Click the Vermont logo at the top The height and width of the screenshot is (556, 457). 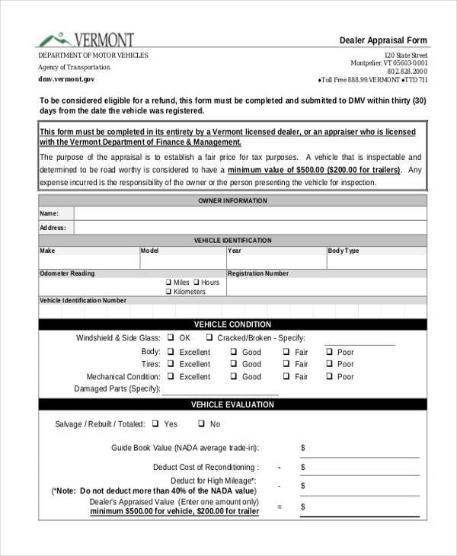click(86, 39)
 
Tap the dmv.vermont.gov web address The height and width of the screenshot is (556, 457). click(67, 78)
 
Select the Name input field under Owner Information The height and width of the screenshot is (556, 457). click(250, 213)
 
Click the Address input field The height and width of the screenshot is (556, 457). click(250, 227)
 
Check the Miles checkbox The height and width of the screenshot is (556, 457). click(168, 283)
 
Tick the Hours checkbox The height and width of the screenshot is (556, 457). click(197, 283)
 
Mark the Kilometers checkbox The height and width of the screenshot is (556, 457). click(168, 292)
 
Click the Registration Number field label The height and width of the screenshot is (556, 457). click(258, 273)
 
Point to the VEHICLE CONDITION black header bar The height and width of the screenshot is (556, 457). click(233, 324)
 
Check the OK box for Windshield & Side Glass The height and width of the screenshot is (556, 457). click(171, 338)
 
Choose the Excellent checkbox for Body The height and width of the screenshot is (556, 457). click(171, 352)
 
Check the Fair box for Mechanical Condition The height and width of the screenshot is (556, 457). click(286, 376)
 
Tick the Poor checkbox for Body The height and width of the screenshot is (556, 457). click(330, 352)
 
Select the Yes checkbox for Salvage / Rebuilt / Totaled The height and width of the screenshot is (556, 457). click(155, 423)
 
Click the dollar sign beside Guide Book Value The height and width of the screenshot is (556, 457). click(302, 448)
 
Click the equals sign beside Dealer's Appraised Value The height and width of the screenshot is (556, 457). click(280, 506)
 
